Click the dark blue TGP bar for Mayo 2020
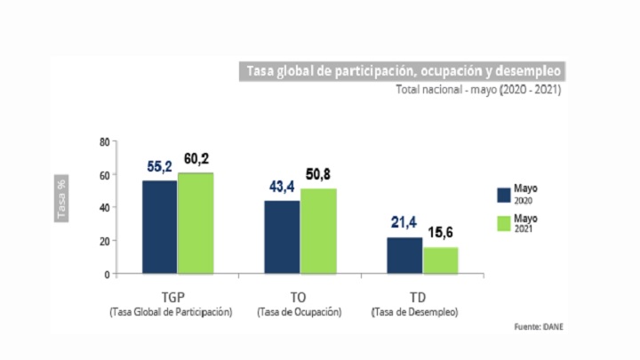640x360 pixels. tap(159, 227)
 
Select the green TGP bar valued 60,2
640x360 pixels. tap(196, 223)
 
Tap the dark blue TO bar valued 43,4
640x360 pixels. tap(282, 236)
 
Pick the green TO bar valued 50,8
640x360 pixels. tap(318, 231)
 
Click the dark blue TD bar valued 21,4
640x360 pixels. tap(404, 255)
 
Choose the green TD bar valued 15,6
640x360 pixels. tap(441, 260)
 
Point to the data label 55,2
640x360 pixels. tap(159, 166)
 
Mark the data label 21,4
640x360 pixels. tap(404, 222)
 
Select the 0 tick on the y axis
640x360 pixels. tap(106, 274)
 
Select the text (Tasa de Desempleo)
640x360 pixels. tap(415, 311)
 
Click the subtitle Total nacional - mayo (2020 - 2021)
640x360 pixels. tap(478, 90)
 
